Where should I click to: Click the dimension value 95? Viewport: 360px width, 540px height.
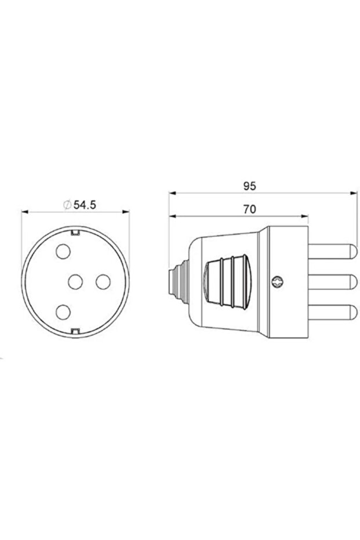tap(249, 186)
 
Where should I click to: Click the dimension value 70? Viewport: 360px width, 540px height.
tap(249, 209)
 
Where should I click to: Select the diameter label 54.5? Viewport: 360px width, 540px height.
tap(85, 205)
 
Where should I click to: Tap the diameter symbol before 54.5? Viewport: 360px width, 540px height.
tap(67, 205)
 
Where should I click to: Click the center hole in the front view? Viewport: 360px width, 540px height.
tap(75, 282)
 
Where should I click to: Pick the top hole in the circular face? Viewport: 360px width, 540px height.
tap(63, 251)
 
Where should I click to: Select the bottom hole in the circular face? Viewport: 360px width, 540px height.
tap(63, 313)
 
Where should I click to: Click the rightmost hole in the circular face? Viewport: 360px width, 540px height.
tap(103, 282)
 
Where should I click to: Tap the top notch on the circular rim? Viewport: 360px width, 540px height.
tap(75, 233)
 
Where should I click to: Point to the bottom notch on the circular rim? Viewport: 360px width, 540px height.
tap(75, 331)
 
